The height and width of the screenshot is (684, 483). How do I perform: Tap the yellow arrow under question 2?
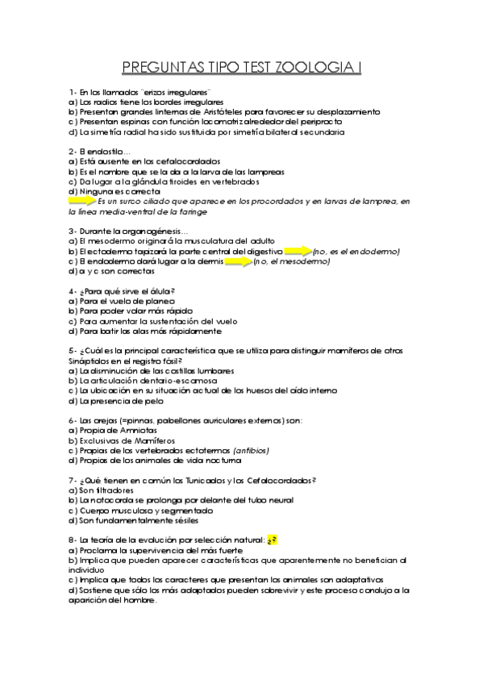click(82, 200)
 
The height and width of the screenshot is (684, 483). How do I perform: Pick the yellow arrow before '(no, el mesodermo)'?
click(238, 262)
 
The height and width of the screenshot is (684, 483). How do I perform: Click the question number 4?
click(72, 290)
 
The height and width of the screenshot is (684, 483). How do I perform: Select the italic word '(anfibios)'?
click(251, 450)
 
